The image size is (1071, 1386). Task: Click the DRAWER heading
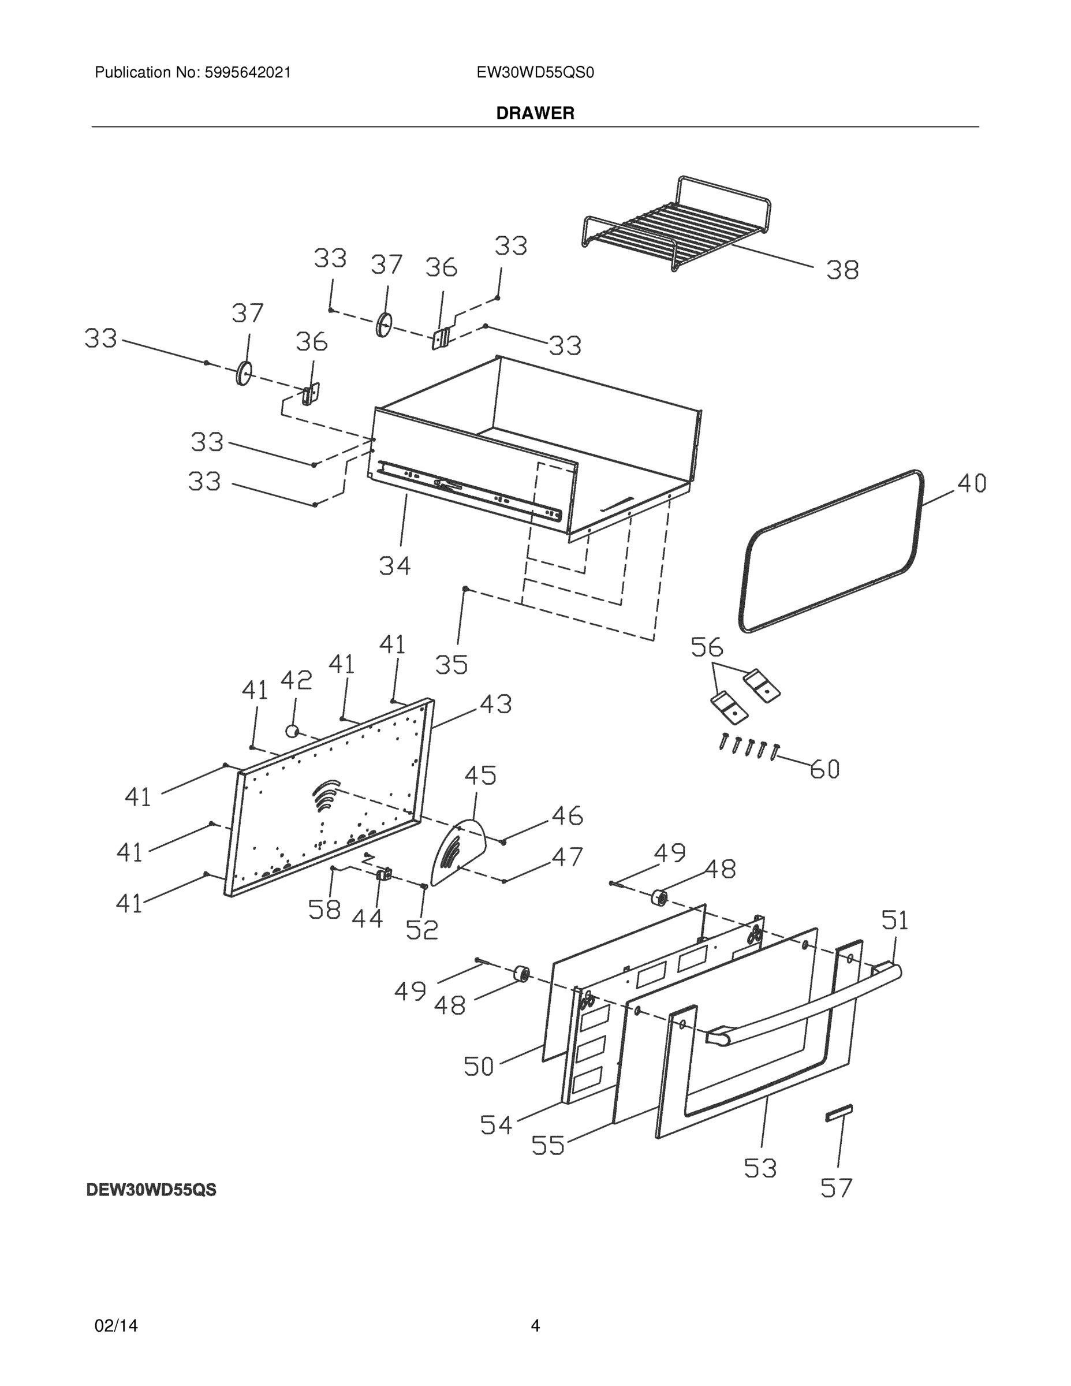tap(535, 113)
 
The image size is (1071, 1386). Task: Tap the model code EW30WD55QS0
tap(535, 73)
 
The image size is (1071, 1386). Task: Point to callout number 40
tap(971, 483)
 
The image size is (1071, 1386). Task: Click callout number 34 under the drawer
tap(395, 565)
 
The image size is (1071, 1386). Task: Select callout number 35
tap(451, 665)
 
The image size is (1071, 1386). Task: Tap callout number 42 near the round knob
tap(296, 680)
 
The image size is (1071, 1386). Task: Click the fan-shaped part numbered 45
tap(458, 851)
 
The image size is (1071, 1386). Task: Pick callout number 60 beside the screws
tap(824, 769)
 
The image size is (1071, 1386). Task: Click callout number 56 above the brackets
tap(707, 647)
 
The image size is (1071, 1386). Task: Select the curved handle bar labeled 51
tap(806, 1008)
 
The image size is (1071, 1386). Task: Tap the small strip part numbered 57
tap(838, 1112)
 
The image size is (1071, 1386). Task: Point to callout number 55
tap(547, 1146)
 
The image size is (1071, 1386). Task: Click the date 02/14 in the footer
tap(115, 1325)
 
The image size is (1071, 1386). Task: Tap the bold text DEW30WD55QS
tap(151, 1191)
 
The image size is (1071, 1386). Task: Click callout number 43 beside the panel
tap(495, 705)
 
